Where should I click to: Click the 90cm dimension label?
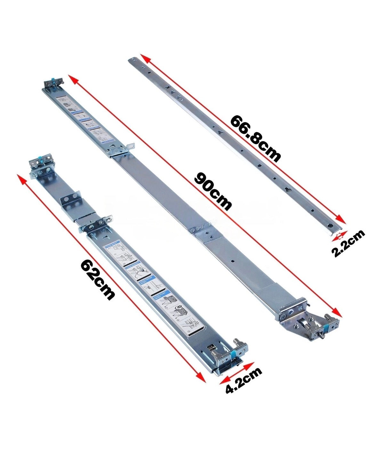coord(213,191)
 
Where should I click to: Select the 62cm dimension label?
coord(97,279)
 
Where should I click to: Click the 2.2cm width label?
coord(348,243)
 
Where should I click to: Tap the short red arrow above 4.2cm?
coord(237,373)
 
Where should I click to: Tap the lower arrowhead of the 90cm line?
coord(337,313)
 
